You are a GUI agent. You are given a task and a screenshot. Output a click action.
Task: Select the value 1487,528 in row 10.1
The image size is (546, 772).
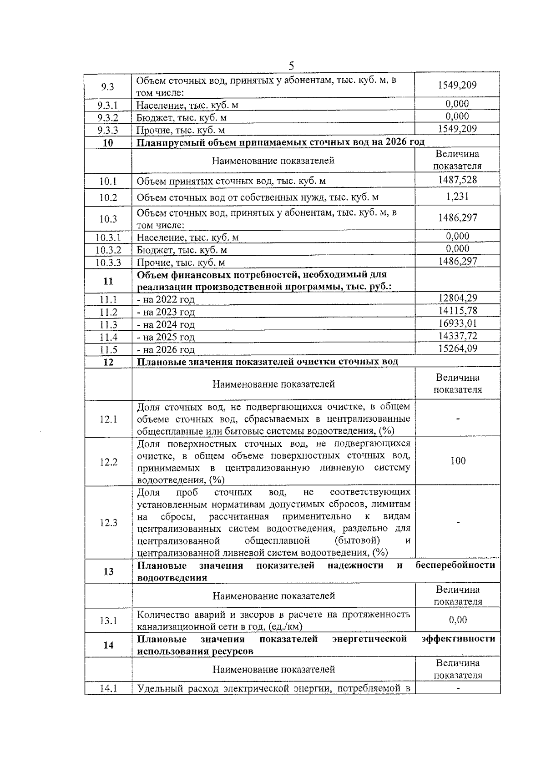tap(457, 180)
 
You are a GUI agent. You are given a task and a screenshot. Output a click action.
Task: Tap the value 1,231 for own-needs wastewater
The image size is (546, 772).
tap(457, 197)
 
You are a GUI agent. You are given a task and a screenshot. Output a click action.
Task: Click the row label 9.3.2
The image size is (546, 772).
tap(108, 118)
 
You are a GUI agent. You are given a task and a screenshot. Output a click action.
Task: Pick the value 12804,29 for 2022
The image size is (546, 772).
tap(457, 298)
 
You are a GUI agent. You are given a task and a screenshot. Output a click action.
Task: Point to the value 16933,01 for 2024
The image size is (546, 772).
tap(457, 323)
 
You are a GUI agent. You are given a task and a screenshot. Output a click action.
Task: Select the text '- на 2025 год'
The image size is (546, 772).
tap(166, 337)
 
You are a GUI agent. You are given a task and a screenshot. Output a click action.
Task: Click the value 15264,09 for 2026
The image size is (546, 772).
tap(457, 348)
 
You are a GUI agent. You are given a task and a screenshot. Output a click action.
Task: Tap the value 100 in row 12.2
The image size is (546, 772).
tap(458, 461)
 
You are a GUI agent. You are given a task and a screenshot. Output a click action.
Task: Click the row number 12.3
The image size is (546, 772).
tap(108, 523)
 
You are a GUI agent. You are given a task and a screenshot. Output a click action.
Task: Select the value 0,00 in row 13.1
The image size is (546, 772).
tap(458, 620)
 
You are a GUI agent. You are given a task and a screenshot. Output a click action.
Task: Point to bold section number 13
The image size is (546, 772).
tap(108, 571)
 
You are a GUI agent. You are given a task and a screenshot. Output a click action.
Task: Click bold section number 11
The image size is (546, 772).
tap(108, 281)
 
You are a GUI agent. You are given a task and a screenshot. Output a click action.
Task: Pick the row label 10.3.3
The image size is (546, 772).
tap(108, 262)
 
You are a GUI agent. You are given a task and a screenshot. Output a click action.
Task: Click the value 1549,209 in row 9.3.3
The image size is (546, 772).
tap(457, 129)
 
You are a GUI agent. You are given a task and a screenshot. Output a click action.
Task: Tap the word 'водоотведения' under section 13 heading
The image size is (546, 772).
tap(172, 578)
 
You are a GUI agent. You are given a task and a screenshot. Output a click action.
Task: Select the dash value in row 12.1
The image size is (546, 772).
tap(458, 419)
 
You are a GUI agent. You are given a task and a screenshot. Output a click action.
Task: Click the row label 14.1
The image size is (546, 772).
tap(108, 689)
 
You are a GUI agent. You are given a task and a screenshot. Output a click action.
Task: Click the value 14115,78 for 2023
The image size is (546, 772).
tap(457, 311)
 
